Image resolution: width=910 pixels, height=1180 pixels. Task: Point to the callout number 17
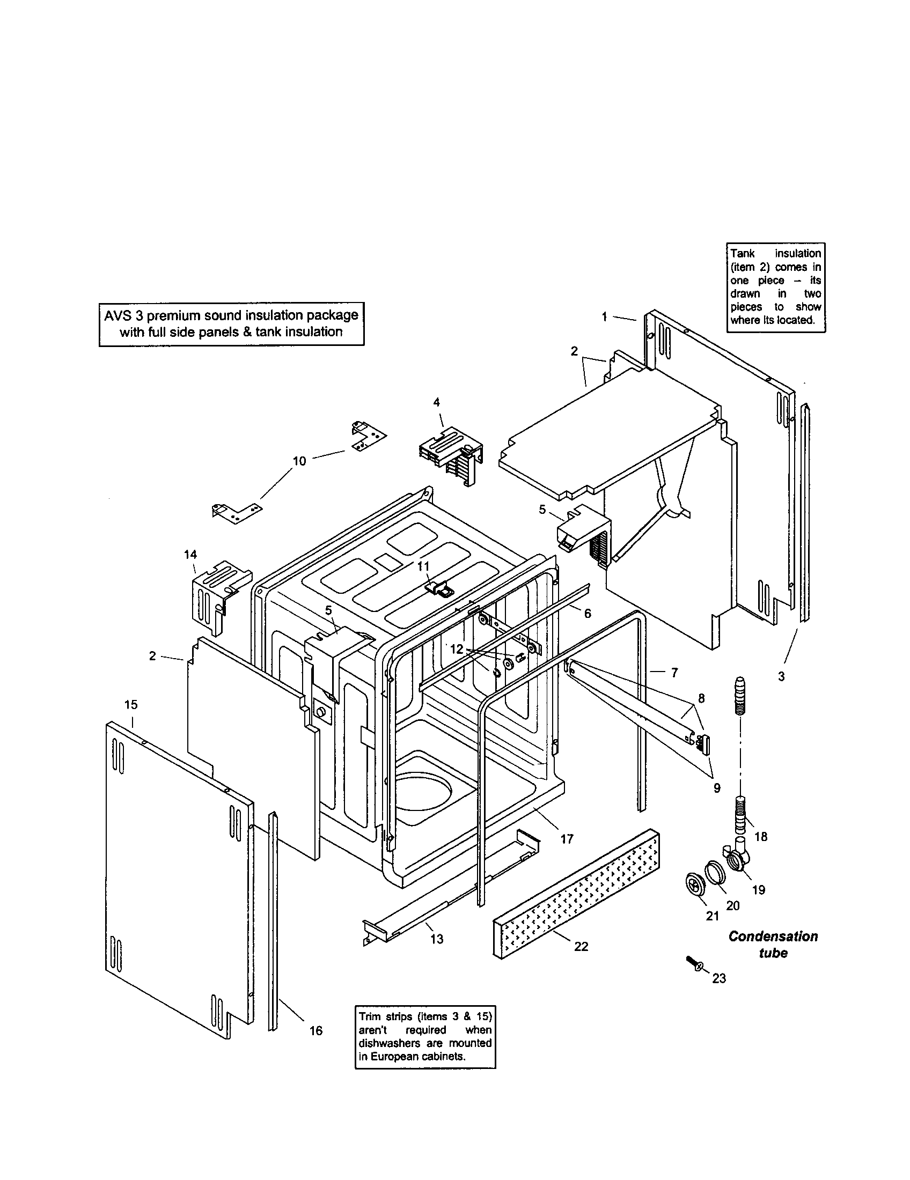(x=566, y=839)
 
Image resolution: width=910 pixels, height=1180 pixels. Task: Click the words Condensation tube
(x=773, y=945)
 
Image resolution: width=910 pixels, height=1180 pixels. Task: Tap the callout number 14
(x=190, y=555)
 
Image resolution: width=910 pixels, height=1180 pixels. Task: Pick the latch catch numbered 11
(x=439, y=587)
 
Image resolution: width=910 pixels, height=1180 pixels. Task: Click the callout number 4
(x=436, y=402)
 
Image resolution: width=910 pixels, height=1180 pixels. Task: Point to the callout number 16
(x=316, y=1031)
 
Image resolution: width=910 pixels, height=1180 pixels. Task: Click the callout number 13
(x=437, y=939)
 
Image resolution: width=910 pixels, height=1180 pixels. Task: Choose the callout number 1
(x=605, y=317)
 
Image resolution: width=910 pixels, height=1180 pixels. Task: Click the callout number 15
(x=131, y=705)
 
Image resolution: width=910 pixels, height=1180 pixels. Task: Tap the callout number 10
(x=299, y=461)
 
